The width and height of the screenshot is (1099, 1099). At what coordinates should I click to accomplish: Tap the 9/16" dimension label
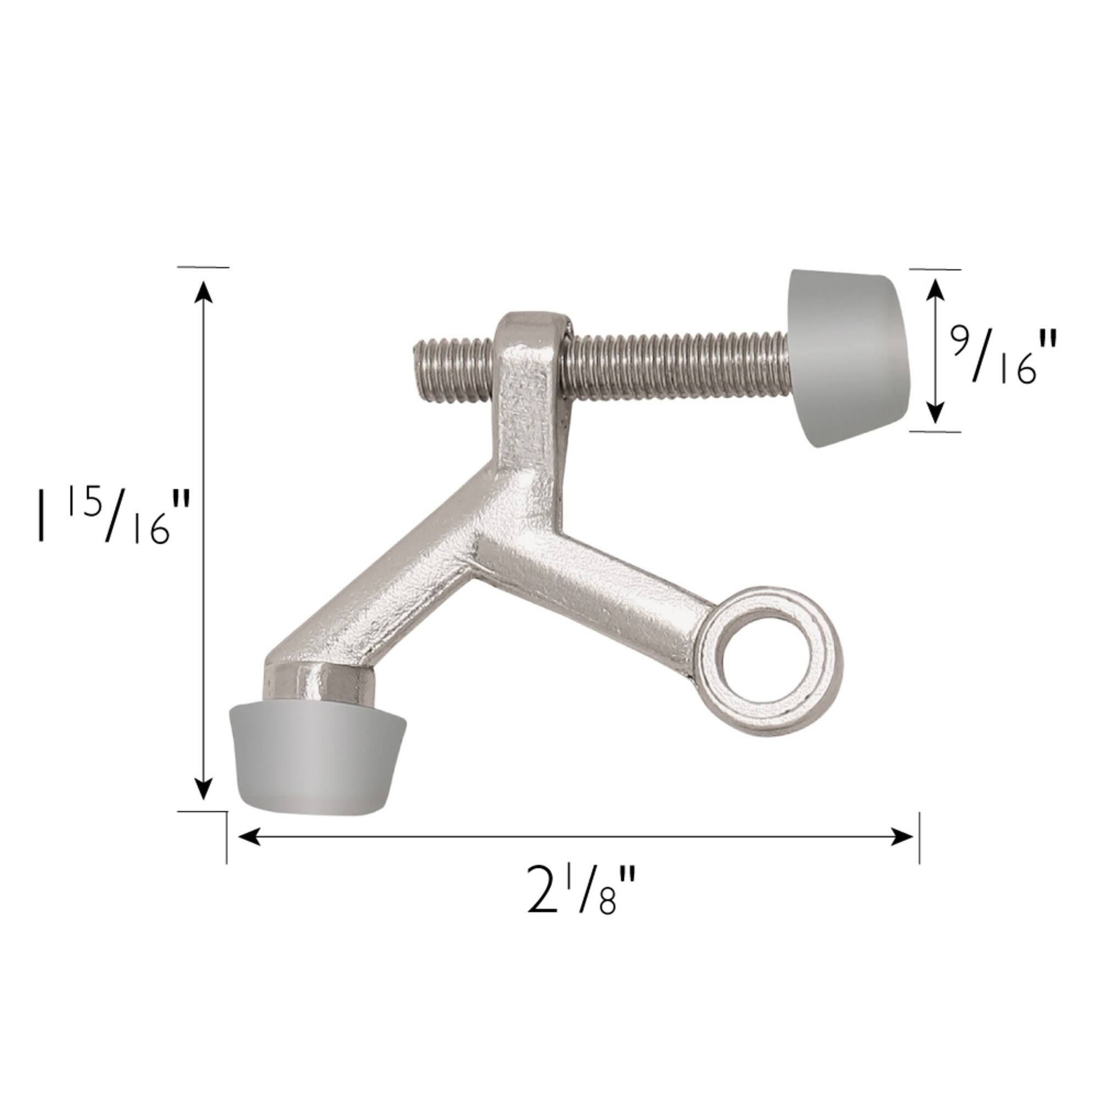[x=1003, y=359]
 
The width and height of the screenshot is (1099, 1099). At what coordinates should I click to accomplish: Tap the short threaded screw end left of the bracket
[x=453, y=370]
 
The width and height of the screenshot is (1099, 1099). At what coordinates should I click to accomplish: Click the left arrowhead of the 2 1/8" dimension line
[x=248, y=836]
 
